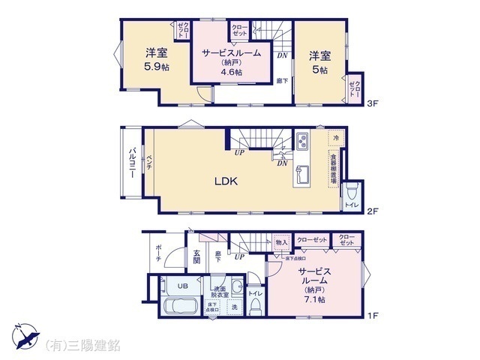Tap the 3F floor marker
click(x=372, y=104)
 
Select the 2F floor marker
click(x=372, y=211)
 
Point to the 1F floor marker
click(x=372, y=316)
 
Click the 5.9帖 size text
click(x=155, y=67)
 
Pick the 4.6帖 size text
click(x=231, y=73)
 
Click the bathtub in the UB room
click(x=179, y=307)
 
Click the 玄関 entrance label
click(x=196, y=256)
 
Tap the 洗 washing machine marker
click(x=234, y=307)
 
